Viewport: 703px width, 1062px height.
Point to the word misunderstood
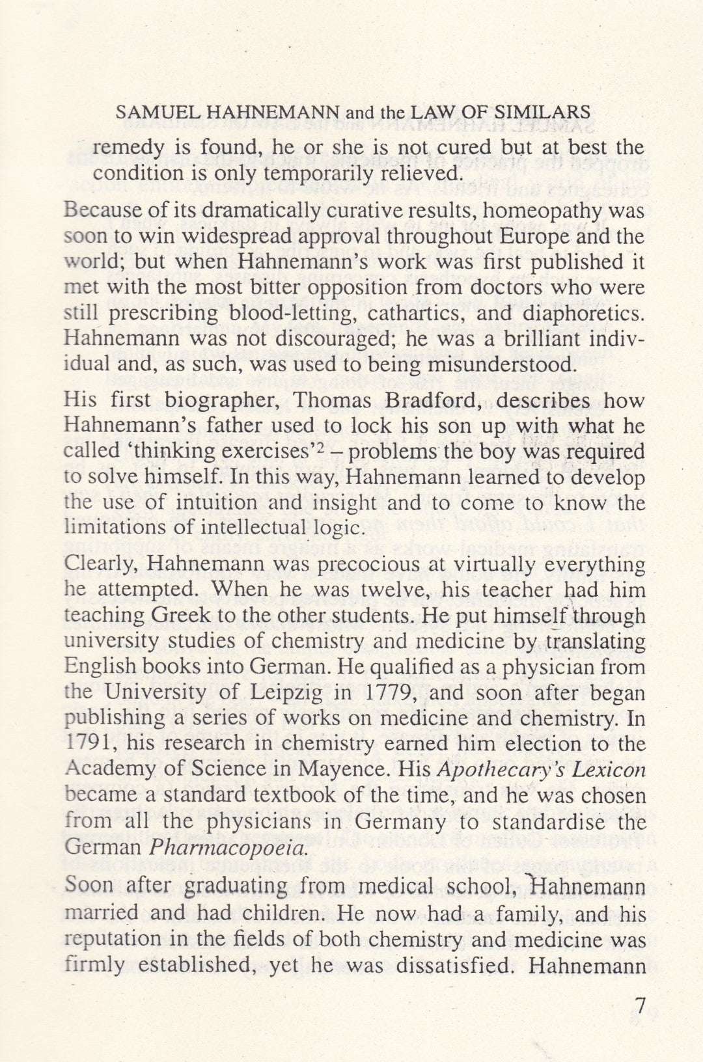click(498, 363)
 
